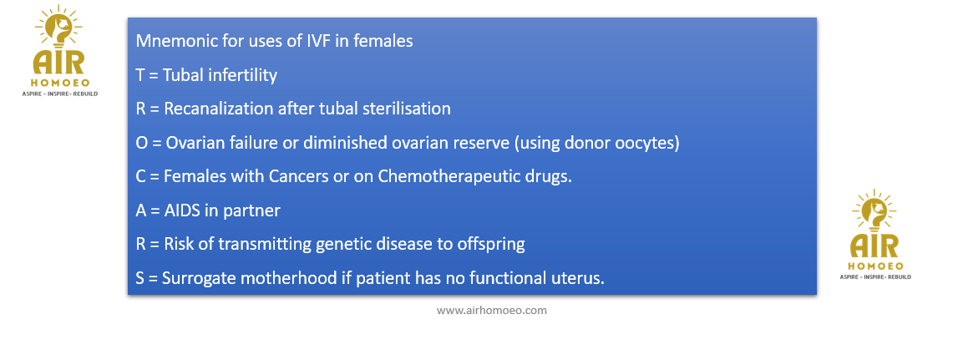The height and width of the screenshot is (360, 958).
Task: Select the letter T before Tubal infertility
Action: tap(140, 75)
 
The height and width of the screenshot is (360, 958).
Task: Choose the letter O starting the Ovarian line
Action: tap(141, 143)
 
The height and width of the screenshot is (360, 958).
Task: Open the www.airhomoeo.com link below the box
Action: tap(492, 311)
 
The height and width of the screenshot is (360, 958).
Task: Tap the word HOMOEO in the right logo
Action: tap(876, 266)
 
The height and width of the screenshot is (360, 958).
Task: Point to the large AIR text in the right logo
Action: tap(875, 246)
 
